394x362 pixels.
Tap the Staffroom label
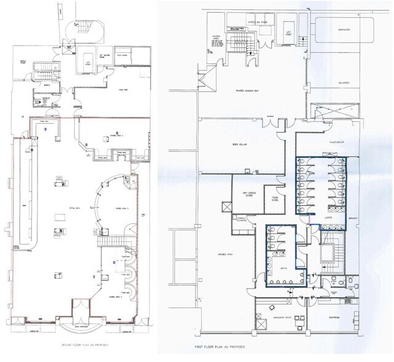click(x=337, y=318)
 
